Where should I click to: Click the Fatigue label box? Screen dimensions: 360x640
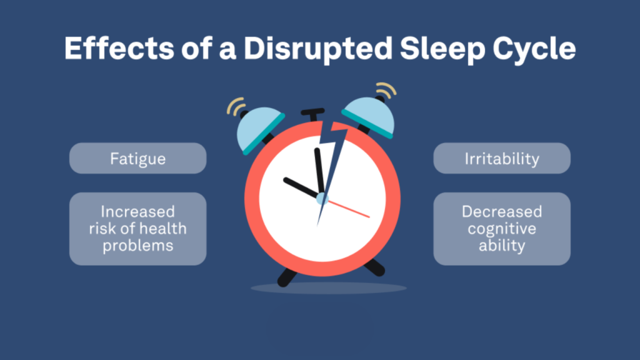(137, 158)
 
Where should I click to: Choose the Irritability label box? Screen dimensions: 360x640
(502, 158)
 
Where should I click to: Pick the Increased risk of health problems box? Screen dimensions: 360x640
(137, 228)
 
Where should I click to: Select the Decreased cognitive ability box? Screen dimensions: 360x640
(502, 228)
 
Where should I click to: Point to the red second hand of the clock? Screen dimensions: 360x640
(351, 209)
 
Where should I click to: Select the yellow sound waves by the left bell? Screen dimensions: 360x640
(236, 107)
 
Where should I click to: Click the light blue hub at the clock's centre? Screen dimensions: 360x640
(322, 199)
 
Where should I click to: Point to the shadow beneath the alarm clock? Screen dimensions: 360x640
(329, 288)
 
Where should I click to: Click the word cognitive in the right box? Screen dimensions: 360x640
(502, 228)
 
